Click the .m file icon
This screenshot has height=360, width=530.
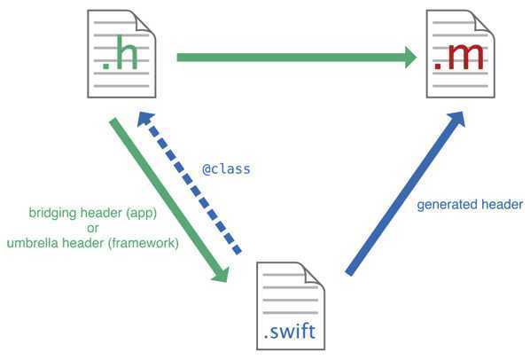458,55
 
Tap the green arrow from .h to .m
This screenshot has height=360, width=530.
292,58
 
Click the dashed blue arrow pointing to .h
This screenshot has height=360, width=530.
191,186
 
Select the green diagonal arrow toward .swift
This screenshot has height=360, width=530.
168,200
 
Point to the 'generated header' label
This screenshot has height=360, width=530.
470,205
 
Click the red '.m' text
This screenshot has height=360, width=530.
458,59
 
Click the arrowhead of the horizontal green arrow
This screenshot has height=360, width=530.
409,58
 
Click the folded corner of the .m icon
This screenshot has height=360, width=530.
481,20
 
